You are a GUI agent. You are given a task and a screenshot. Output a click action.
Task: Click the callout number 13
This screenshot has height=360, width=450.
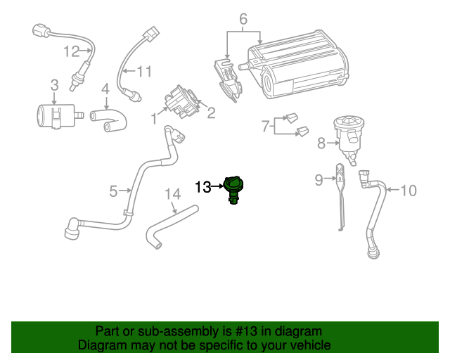pos(202,187)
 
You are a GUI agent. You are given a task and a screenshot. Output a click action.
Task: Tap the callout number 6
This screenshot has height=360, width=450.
pos(243,19)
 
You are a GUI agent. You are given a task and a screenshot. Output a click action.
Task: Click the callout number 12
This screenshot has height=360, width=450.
pos(72,51)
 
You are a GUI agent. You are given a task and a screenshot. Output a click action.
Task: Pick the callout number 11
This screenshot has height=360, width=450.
pos(144,71)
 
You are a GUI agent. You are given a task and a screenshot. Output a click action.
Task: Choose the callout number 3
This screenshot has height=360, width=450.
pos(54,86)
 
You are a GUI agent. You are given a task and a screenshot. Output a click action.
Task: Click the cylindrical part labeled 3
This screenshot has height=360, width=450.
pos(55,114)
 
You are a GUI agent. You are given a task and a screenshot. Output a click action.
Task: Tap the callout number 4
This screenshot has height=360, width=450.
pos(105,89)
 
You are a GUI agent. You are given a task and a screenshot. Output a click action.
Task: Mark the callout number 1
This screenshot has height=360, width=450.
pos(154,120)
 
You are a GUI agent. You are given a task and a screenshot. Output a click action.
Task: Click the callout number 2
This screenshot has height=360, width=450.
pos(210,112)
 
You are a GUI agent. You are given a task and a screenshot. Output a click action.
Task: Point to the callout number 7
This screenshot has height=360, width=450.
pos(265,127)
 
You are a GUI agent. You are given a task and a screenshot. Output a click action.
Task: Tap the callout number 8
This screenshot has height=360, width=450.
pos(321,143)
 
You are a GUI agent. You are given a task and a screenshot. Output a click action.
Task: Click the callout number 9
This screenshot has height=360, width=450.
pos(319,180)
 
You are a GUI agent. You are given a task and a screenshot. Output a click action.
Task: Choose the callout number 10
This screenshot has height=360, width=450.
pos(409,189)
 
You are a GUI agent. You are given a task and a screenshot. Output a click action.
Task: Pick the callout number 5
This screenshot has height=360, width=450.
pos(114,190)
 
